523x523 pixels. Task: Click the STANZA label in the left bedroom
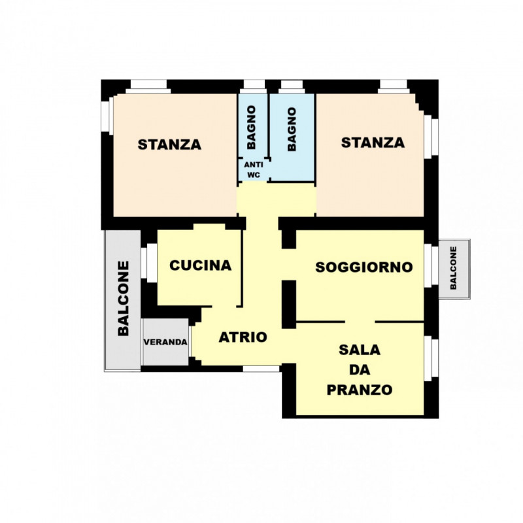point(169,144)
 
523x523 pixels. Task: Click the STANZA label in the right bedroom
point(373,143)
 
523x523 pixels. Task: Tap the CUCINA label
point(201,265)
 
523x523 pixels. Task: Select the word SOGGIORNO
point(364,267)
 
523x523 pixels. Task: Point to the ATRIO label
point(243,337)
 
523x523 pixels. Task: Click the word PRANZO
point(359,390)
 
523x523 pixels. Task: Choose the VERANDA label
point(165,342)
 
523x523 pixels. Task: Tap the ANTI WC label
point(254,170)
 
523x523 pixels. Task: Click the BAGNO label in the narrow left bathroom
point(251,127)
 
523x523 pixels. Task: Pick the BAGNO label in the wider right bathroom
point(291,129)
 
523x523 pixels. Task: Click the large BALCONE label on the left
point(123,298)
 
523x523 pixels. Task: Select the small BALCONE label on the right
point(453,268)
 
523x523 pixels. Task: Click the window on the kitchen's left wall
point(149,263)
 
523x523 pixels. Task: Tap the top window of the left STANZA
point(148,86)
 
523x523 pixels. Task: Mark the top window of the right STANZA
point(394,86)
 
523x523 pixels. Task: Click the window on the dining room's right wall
point(431,358)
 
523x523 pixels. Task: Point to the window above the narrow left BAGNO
point(254,86)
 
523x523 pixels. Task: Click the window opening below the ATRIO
point(261,369)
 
